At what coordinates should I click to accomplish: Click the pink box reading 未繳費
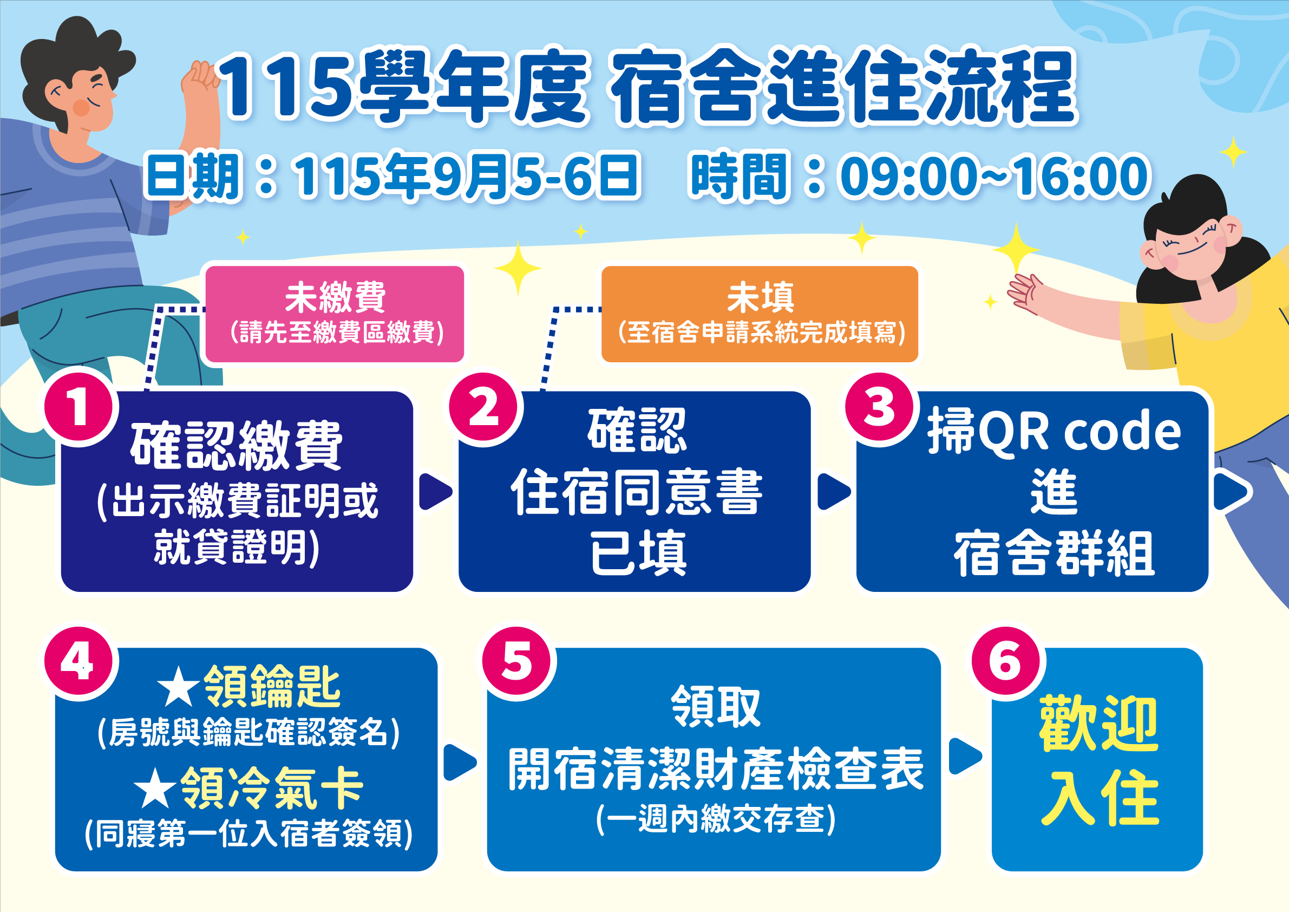335,314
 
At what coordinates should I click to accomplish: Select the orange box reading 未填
760,314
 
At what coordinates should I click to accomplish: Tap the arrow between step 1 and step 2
435,491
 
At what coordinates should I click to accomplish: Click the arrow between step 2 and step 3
834,491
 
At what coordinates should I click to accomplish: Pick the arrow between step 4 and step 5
460,762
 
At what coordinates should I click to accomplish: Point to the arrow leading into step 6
965,756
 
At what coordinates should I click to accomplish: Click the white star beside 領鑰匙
178,686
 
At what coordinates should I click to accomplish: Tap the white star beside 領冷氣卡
155,787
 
